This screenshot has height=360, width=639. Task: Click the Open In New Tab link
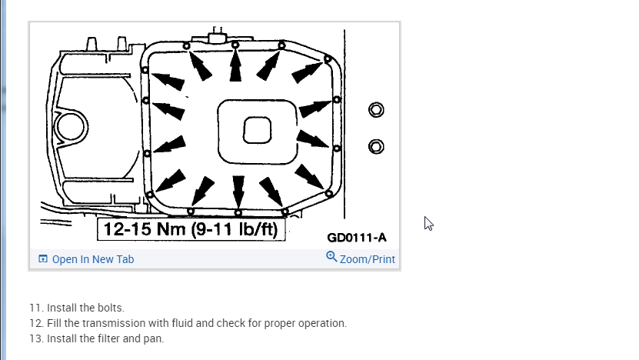click(86, 259)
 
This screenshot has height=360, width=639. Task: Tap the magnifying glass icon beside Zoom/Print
click(331, 257)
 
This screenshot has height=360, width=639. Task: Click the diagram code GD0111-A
click(357, 238)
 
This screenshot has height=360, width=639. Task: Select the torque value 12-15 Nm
click(145, 229)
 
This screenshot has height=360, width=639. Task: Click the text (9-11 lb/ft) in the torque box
click(235, 229)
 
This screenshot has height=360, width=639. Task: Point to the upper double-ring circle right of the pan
click(376, 110)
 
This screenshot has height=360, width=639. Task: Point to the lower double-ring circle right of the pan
click(376, 146)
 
